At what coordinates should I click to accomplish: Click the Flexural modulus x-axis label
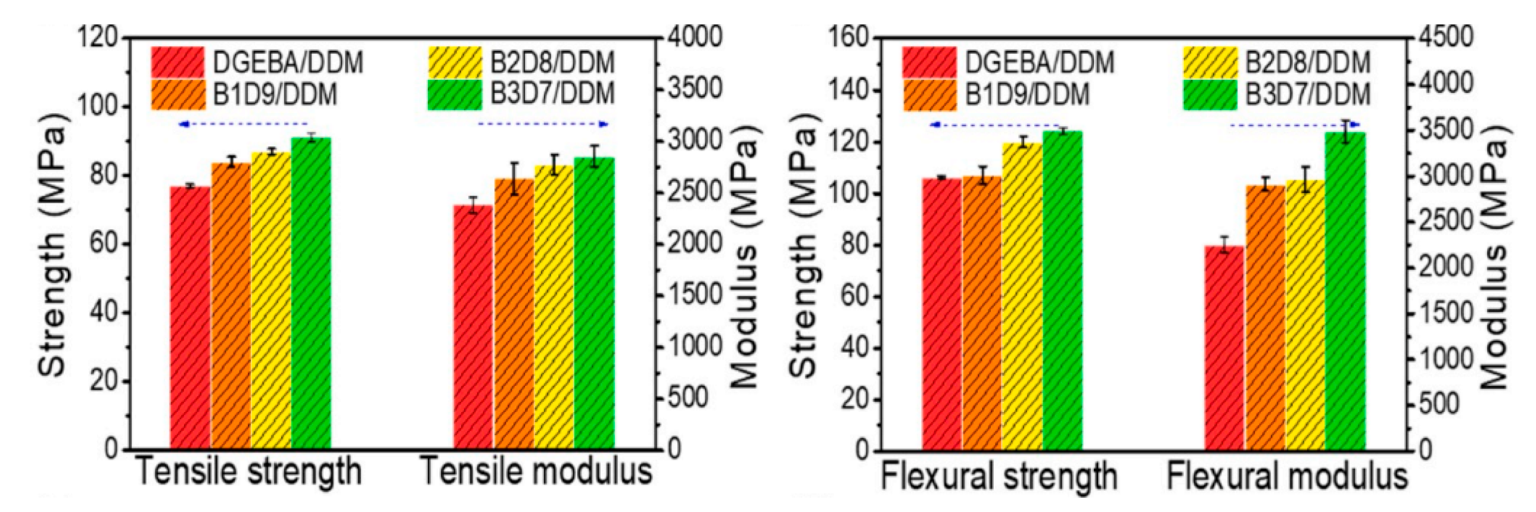coord(1286,476)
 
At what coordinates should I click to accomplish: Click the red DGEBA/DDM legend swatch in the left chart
coord(178,62)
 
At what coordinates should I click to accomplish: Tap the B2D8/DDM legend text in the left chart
coord(552,63)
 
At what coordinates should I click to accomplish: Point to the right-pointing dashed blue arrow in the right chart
coord(1295,124)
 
